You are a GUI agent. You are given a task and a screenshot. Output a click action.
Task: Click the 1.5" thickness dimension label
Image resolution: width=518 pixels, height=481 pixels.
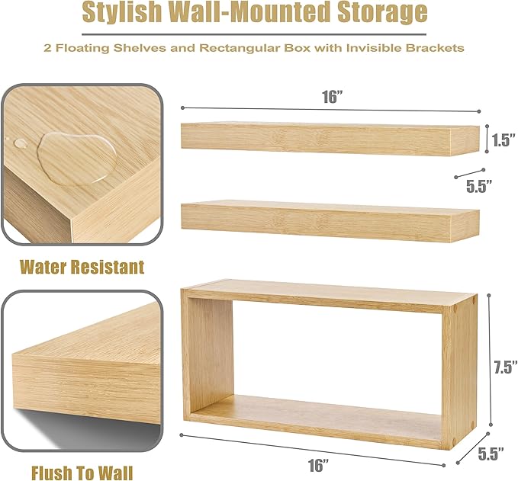[500, 139]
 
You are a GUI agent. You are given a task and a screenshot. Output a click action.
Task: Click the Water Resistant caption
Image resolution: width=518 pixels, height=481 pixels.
[82, 267]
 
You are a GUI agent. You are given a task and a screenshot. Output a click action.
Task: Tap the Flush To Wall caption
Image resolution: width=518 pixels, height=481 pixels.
[82, 473]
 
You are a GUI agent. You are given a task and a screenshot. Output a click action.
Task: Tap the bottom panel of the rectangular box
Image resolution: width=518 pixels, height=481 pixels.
[320, 415]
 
